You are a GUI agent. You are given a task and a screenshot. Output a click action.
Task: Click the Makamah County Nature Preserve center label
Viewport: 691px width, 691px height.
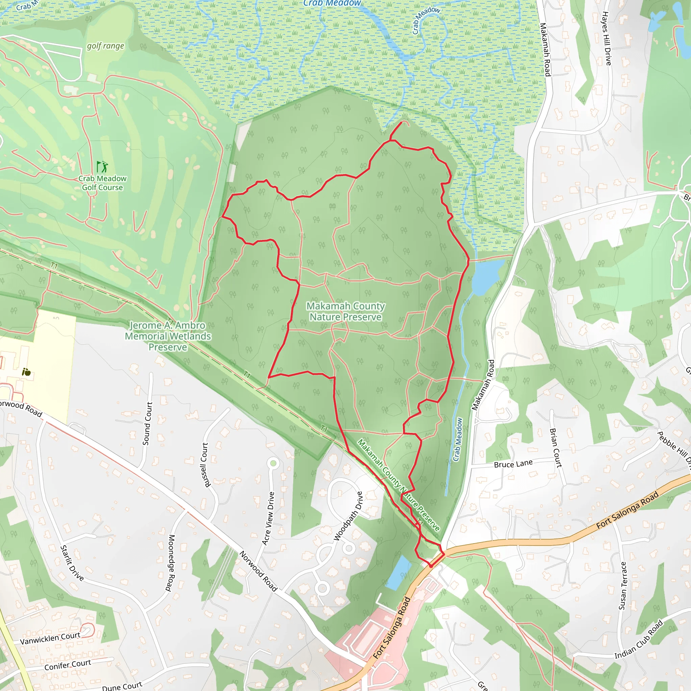345,311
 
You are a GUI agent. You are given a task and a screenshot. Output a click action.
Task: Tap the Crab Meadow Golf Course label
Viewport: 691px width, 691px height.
102,183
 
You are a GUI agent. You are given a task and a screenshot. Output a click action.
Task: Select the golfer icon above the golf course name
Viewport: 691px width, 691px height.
102,166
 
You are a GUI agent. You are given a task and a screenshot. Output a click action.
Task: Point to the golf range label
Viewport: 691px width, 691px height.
106,46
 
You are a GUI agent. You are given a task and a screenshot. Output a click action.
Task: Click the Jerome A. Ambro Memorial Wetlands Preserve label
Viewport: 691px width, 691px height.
168,336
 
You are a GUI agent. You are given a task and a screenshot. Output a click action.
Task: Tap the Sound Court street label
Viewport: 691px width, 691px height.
147,423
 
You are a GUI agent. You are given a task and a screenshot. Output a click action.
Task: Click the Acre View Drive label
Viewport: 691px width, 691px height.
268,518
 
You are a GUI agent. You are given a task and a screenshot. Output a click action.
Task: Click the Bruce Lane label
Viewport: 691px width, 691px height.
513,464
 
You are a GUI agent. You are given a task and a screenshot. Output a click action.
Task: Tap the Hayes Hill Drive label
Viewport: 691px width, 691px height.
606,38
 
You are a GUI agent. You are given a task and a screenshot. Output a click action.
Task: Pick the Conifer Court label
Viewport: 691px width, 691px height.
67,665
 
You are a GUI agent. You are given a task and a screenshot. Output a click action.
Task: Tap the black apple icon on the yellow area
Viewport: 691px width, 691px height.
26,372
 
